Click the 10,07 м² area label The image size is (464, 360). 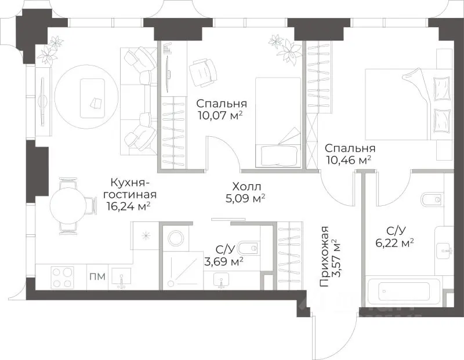point(220,115)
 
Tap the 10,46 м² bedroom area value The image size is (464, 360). point(349,159)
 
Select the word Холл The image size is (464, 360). point(247,187)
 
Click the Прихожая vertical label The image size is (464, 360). point(324,256)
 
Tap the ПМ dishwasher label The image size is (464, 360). point(97,277)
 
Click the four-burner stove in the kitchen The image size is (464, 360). point(63,277)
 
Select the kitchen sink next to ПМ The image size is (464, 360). point(121,278)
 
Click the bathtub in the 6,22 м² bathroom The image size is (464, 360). point(403,292)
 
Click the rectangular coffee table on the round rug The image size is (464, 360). point(93,98)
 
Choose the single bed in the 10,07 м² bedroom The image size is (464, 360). point(278,122)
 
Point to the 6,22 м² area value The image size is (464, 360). point(394,243)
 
